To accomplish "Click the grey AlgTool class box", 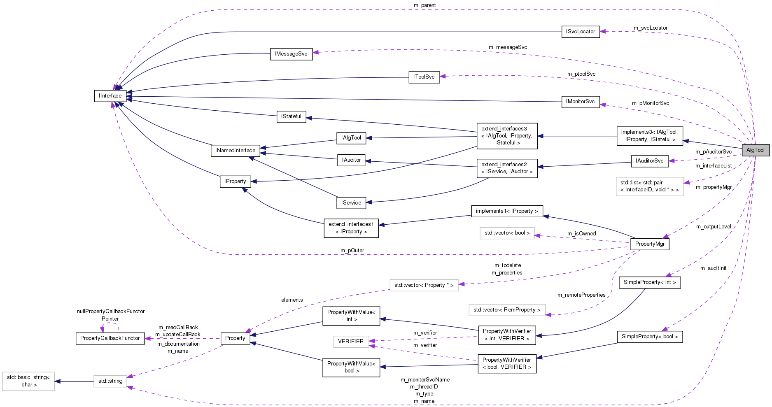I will tap(755, 150).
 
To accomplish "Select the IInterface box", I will tap(110, 96).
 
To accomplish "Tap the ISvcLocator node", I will tap(580, 32).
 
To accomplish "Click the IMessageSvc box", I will tap(291, 54).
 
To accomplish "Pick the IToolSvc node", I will tap(424, 77).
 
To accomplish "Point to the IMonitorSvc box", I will tap(580, 102).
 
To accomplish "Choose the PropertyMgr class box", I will tap(650, 244).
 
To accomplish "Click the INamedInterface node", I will tap(235, 151).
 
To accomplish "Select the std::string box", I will tap(110, 381).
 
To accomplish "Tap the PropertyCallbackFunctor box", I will tap(110, 338).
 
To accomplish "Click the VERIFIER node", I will tap(351, 342).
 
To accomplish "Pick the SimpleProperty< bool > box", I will tap(649, 337).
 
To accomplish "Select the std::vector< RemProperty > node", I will tap(507, 310).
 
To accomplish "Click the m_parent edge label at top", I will tap(424, 5).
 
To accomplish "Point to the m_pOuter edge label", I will tap(352, 251).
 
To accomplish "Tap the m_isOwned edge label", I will tap(581, 234).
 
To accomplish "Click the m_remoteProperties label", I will tap(581, 295).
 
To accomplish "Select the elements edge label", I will tap(292, 300).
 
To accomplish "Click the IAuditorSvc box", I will tap(649, 161).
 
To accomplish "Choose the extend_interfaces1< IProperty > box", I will tap(351, 228).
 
